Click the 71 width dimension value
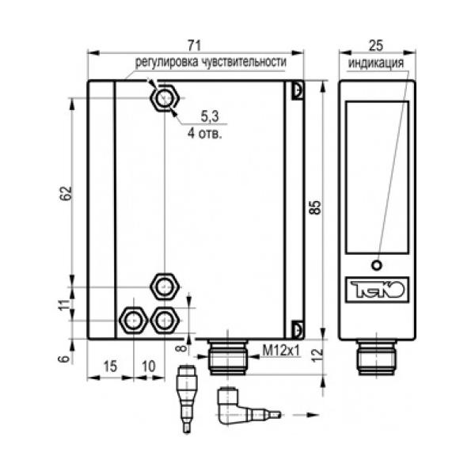click(194, 45)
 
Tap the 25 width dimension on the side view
click(376, 45)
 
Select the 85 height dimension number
click(315, 207)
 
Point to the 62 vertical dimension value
click(66, 193)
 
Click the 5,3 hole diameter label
click(210, 116)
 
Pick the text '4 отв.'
click(205, 133)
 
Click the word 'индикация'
click(376, 63)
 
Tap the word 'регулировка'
click(166, 62)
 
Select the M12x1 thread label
click(281, 351)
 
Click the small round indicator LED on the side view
click(377, 265)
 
